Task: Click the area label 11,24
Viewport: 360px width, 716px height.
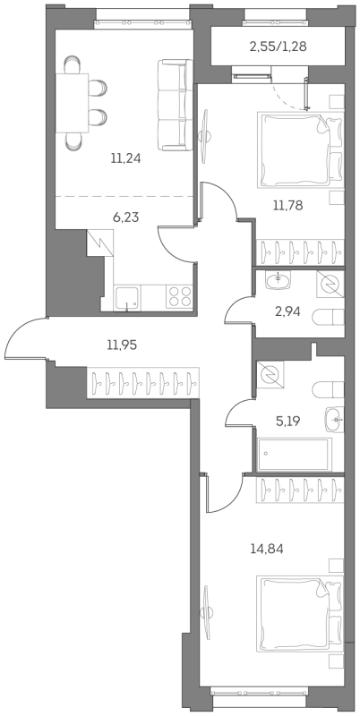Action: (125, 158)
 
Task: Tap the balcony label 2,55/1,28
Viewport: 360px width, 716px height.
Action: (278, 47)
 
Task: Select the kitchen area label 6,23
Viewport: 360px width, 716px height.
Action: (125, 217)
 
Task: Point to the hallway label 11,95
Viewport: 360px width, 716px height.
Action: (122, 345)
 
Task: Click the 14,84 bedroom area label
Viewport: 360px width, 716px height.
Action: (267, 549)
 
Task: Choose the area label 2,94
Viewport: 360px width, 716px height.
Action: (288, 312)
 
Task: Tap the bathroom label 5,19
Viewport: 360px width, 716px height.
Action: (288, 421)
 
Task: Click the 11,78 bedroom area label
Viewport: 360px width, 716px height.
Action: (288, 205)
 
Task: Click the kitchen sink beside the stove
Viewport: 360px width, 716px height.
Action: (127, 298)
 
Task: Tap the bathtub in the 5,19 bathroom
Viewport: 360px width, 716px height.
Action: (294, 455)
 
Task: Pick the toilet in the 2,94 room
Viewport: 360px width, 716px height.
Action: (328, 317)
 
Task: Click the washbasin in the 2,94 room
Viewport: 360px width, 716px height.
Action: (278, 281)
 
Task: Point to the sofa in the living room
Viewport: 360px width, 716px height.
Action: (175, 105)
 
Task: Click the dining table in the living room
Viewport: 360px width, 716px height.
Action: (73, 103)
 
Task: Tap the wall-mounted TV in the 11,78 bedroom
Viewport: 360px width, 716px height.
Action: (205, 135)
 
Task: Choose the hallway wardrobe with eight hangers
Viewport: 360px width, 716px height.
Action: (143, 383)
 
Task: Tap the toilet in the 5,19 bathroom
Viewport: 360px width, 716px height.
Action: (328, 390)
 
